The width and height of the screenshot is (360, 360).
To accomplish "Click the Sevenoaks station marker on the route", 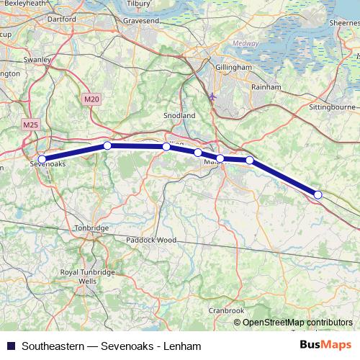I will [42, 159].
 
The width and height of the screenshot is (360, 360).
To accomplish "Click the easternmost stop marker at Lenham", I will [318, 194].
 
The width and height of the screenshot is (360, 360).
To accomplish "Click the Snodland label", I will [179, 115].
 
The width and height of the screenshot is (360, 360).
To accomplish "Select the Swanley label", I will [36, 60].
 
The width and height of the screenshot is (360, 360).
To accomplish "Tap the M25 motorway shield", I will [31, 125].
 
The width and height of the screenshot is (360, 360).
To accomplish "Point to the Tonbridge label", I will [92, 228].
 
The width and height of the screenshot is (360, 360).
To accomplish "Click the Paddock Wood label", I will [151, 239].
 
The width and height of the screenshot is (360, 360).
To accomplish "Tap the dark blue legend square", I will [9, 346].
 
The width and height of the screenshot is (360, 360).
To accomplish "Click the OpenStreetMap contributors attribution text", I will [297, 323].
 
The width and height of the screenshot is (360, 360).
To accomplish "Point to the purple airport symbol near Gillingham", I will [211, 95].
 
